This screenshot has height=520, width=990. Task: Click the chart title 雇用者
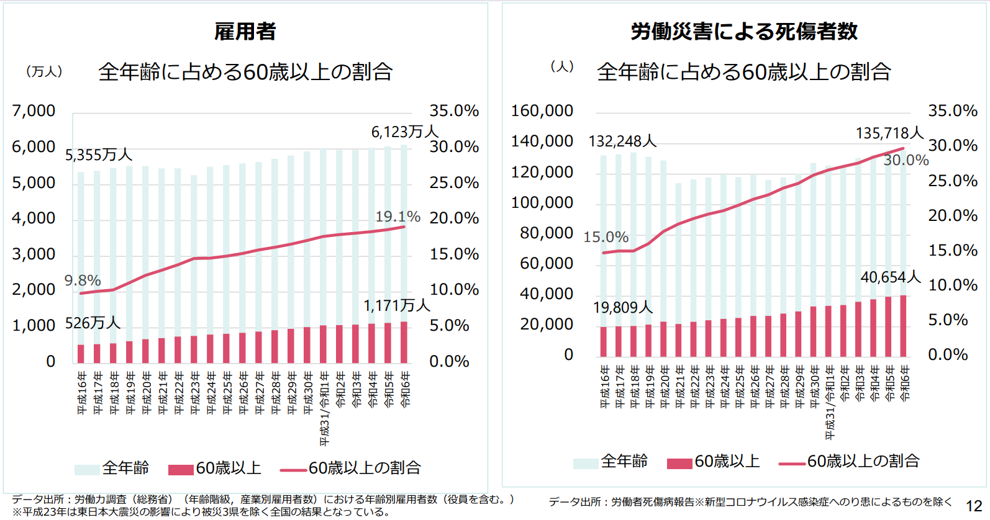(x=245, y=31)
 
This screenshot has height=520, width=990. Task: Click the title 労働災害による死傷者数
(x=743, y=31)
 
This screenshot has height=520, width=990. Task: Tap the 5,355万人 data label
(x=99, y=155)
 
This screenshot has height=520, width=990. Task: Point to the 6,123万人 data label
(x=404, y=132)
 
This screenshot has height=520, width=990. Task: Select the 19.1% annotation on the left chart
(x=397, y=217)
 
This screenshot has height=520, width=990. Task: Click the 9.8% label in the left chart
(x=83, y=280)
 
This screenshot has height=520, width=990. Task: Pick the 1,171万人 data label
(x=396, y=305)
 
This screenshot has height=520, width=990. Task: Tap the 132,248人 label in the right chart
(x=622, y=141)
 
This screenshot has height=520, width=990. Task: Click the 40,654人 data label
(x=890, y=277)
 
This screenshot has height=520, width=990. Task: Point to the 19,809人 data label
(x=622, y=307)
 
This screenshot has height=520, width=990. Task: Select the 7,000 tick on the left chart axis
(x=34, y=111)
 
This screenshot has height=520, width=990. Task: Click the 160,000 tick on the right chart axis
(x=542, y=111)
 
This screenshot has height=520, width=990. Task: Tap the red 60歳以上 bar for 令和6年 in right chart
(x=904, y=326)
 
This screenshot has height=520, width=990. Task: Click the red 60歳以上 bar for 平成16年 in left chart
(x=81, y=354)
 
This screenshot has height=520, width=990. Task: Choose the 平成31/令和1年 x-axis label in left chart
(x=324, y=408)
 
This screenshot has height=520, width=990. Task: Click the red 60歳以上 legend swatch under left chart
(x=181, y=469)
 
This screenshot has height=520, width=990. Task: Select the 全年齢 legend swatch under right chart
(x=585, y=463)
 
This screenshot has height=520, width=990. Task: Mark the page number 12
(x=974, y=506)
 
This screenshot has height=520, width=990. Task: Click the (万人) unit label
(x=44, y=71)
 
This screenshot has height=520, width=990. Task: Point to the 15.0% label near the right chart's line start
(x=606, y=237)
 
